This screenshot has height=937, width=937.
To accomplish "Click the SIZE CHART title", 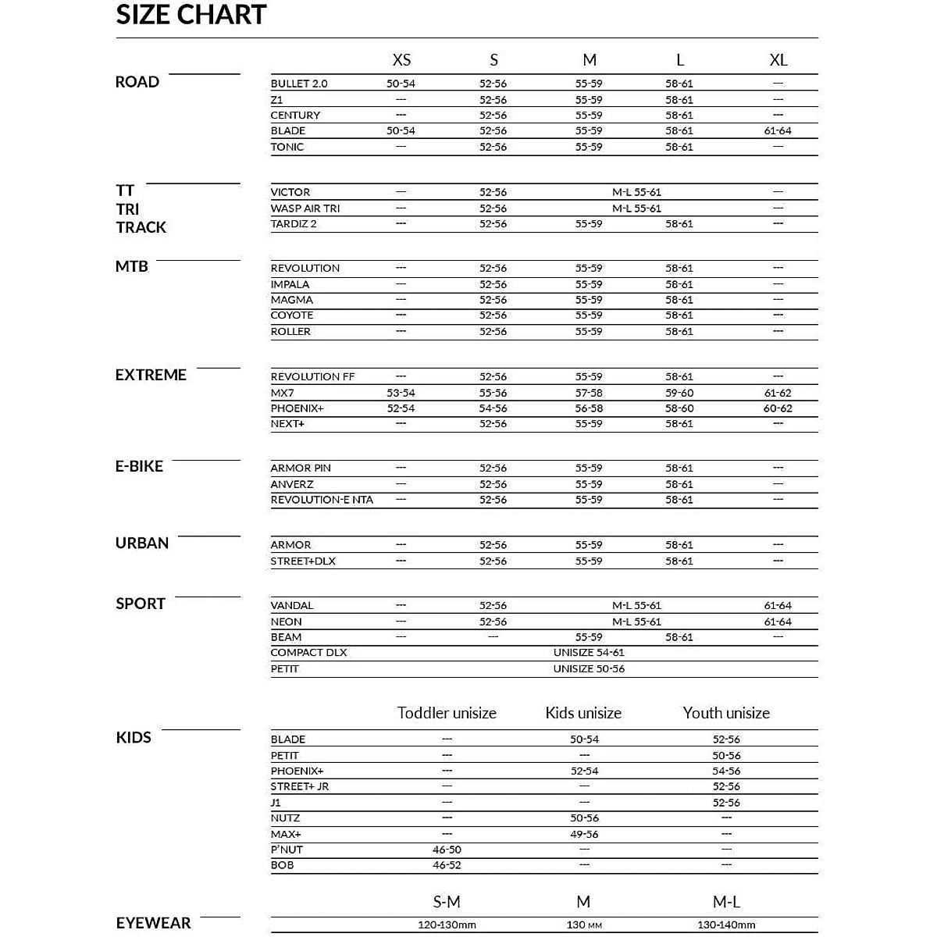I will click(x=191, y=15).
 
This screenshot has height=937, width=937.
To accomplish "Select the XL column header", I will click(x=778, y=60).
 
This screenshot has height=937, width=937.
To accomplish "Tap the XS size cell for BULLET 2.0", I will click(x=401, y=84).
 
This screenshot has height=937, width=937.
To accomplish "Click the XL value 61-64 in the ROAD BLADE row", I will click(x=778, y=131).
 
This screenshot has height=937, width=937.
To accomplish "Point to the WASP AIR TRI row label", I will click(x=305, y=208).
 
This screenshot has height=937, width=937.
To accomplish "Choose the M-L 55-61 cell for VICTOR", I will click(x=636, y=192).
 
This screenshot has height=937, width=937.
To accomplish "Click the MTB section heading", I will click(x=131, y=266).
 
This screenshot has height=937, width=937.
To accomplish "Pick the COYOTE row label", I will click(x=292, y=315).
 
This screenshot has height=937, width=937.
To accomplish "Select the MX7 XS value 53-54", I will click(x=401, y=393).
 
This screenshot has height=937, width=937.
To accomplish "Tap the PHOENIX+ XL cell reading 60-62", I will click(x=778, y=408).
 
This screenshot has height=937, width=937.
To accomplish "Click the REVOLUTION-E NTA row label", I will click(x=322, y=500).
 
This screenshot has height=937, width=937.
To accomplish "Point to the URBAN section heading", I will click(x=142, y=543).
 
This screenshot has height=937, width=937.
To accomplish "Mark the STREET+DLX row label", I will click(x=303, y=561).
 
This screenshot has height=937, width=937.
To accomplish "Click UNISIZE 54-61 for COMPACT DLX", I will click(x=589, y=653).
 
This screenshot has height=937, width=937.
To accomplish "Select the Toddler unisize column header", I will click(x=447, y=713).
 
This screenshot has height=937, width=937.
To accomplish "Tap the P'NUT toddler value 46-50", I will click(x=447, y=850).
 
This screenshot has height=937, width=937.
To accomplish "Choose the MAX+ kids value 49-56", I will click(x=584, y=834).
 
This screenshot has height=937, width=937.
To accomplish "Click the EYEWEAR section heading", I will click(x=153, y=923).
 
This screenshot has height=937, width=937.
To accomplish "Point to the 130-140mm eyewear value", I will click(x=726, y=925).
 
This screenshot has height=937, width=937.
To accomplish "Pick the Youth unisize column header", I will click(x=726, y=713).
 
